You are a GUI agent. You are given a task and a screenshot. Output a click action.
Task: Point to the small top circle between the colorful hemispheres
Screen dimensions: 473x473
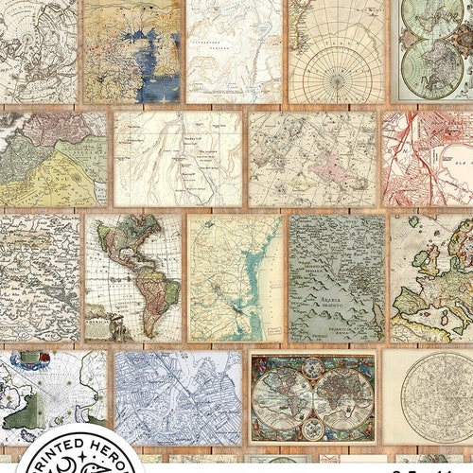pos(312,370)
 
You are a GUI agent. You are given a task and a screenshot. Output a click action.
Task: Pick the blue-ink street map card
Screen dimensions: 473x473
pos(177,398)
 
